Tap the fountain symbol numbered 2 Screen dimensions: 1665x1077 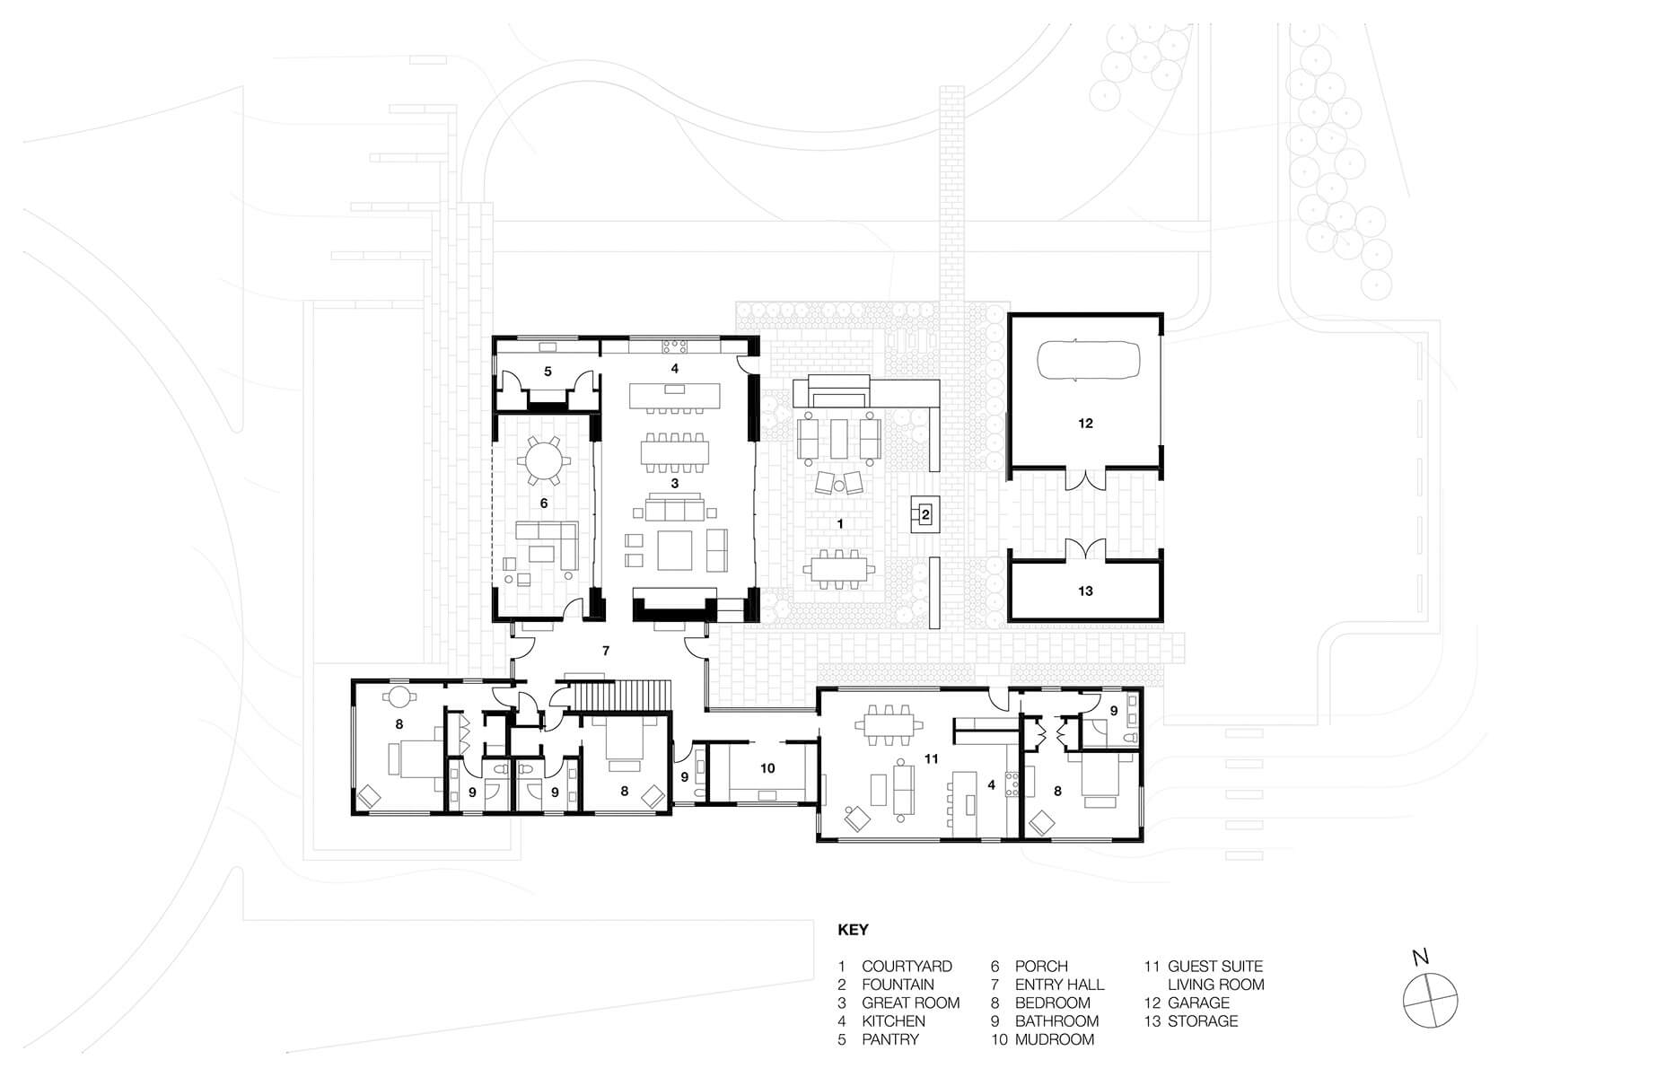(925, 514)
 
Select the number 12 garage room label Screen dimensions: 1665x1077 (1085, 423)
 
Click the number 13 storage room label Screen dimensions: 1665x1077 (1085, 591)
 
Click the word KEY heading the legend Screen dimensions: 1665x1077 (853, 930)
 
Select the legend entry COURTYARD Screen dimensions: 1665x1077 (907, 967)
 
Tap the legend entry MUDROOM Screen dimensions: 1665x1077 (1055, 1039)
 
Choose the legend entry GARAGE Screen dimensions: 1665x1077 (1198, 1003)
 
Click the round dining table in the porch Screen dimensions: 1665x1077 (544, 462)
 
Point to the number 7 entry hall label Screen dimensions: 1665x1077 (606, 651)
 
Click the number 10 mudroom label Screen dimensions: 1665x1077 (767, 768)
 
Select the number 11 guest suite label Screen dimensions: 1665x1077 (931, 758)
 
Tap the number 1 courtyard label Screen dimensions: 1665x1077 (840, 522)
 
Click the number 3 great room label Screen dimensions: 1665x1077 (675, 483)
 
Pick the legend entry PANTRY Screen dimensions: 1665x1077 (890, 1039)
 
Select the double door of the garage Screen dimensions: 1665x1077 (1085, 477)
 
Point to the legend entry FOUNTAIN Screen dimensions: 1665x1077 (898, 985)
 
